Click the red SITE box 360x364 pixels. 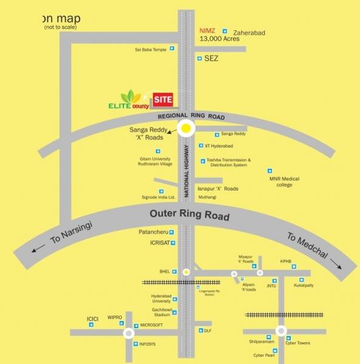tap(163, 99)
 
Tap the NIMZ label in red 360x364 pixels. tap(208, 30)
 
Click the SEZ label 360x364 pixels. tap(211, 59)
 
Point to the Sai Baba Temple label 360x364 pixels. tap(151, 49)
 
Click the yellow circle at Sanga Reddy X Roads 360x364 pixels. tap(186, 128)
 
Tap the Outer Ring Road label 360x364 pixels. tap(190, 215)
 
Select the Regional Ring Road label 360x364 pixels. tap(191, 116)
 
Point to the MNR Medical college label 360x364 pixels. tap(285, 182)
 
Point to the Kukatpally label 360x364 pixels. tap(304, 285)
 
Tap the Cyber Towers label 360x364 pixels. tap(298, 343)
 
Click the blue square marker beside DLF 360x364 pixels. tap(200, 331)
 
